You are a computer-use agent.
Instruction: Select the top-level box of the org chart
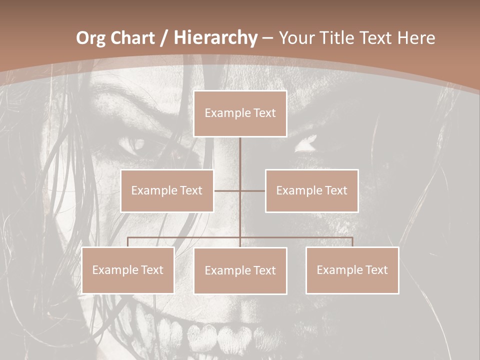pyautogui.click(x=240, y=113)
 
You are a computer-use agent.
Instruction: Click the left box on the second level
pyautogui.click(x=167, y=190)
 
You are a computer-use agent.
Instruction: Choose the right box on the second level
pyautogui.click(x=311, y=190)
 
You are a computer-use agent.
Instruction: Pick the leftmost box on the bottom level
pyautogui.click(x=127, y=270)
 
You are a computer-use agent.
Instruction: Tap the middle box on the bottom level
pyautogui.click(x=240, y=270)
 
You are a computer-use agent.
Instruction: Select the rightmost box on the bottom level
pyautogui.click(x=352, y=270)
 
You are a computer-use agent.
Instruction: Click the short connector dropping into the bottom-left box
pyautogui.click(x=127, y=242)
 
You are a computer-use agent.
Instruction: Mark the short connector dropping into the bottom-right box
pyautogui.click(x=352, y=242)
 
